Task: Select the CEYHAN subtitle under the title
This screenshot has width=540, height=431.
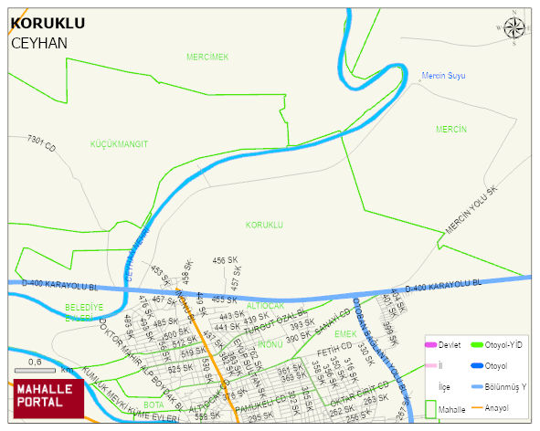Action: (x=38, y=43)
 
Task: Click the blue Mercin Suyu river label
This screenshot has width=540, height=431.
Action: (x=442, y=76)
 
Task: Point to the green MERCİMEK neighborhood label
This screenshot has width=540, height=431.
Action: (x=207, y=57)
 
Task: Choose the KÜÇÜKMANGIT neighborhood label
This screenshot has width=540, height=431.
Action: (x=119, y=144)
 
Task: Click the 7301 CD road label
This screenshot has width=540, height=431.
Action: (x=42, y=143)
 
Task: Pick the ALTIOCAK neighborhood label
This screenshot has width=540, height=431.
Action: (x=265, y=305)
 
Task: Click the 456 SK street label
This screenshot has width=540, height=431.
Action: (x=225, y=261)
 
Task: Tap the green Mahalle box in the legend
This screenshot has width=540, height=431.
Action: (x=431, y=409)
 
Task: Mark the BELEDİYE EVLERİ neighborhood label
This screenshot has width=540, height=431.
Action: (x=84, y=312)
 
